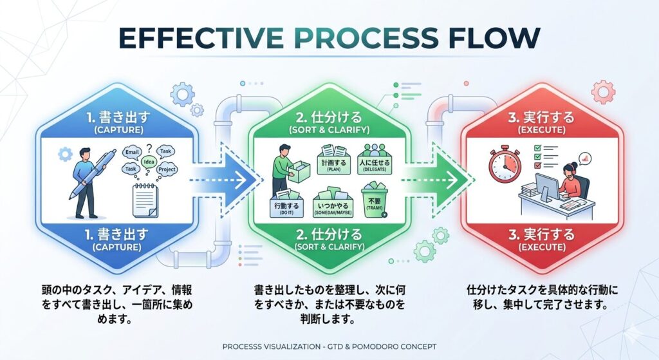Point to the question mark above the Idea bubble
[x=150, y=148]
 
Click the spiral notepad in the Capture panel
[x=146, y=198]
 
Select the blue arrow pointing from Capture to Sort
[x=225, y=182]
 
